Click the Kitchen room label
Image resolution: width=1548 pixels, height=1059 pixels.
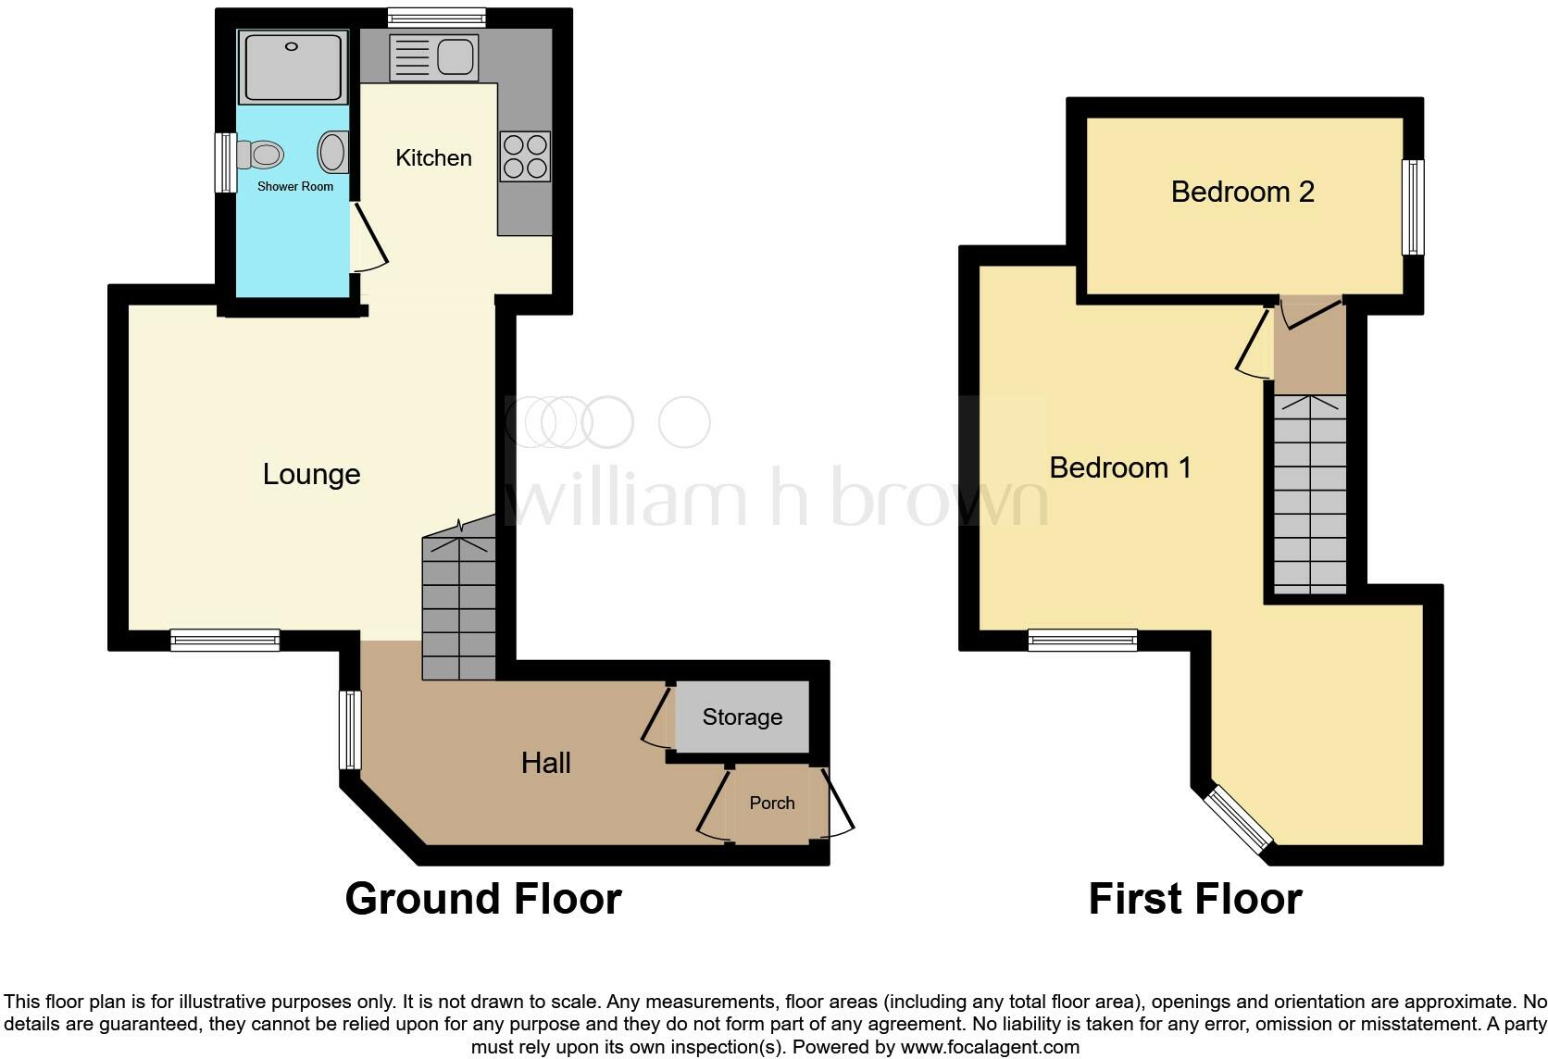click(433, 158)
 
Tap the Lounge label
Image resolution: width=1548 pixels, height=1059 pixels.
click(311, 474)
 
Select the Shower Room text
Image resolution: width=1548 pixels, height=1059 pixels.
click(294, 186)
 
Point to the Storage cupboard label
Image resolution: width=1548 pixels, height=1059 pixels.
click(742, 716)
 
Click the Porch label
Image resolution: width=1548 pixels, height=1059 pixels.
click(771, 803)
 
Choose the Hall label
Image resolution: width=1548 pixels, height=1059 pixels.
click(545, 763)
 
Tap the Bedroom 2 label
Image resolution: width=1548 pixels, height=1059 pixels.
click(1242, 192)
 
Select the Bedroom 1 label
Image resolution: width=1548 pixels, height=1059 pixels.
click(1119, 467)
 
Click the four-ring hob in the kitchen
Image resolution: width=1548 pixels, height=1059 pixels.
click(525, 156)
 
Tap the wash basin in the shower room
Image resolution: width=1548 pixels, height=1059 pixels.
click(333, 152)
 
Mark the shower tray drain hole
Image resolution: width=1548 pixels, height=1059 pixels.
click(292, 46)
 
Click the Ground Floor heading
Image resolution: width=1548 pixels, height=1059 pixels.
click(482, 899)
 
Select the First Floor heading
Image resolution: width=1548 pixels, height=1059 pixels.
click(1194, 899)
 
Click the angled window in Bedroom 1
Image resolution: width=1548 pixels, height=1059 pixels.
click(1238, 820)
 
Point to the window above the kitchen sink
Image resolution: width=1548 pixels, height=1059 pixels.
click(436, 16)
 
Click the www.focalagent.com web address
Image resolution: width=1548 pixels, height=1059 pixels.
click(990, 1048)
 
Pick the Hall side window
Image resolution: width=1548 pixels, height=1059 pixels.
click(349, 729)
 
